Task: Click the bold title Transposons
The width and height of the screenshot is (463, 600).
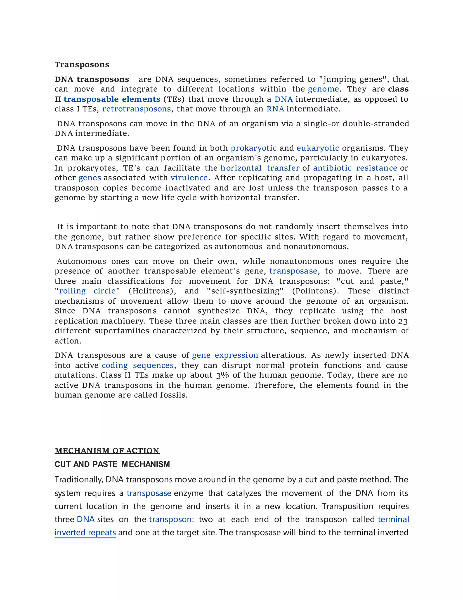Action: [x=82, y=65]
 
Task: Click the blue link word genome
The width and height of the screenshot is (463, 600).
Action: [x=323, y=89]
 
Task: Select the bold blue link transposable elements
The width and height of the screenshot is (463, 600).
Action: [x=112, y=99]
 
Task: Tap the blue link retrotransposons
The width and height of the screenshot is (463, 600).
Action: [x=137, y=109]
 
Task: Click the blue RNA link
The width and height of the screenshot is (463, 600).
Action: [x=275, y=109]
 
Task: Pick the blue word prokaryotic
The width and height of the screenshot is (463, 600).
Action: [x=253, y=148]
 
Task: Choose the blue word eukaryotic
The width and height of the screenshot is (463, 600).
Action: [x=318, y=148]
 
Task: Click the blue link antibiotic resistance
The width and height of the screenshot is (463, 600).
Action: [x=355, y=168]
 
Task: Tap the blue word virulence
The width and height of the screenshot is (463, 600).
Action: [x=189, y=178]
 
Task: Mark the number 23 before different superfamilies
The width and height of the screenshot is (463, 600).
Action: [x=403, y=321]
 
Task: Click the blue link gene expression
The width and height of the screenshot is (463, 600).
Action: [x=225, y=355]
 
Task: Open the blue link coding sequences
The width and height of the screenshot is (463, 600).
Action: [x=138, y=365]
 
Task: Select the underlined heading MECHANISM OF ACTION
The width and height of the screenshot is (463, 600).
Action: [x=107, y=451]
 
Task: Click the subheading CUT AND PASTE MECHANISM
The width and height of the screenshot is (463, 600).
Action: [x=112, y=464]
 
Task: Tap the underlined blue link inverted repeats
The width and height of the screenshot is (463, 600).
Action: [x=85, y=533]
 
